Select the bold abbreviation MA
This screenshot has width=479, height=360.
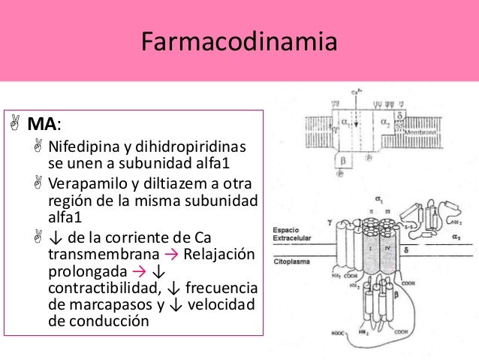pyautogui.click(x=39, y=123)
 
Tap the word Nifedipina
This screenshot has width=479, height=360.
pyautogui.click(x=77, y=145)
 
